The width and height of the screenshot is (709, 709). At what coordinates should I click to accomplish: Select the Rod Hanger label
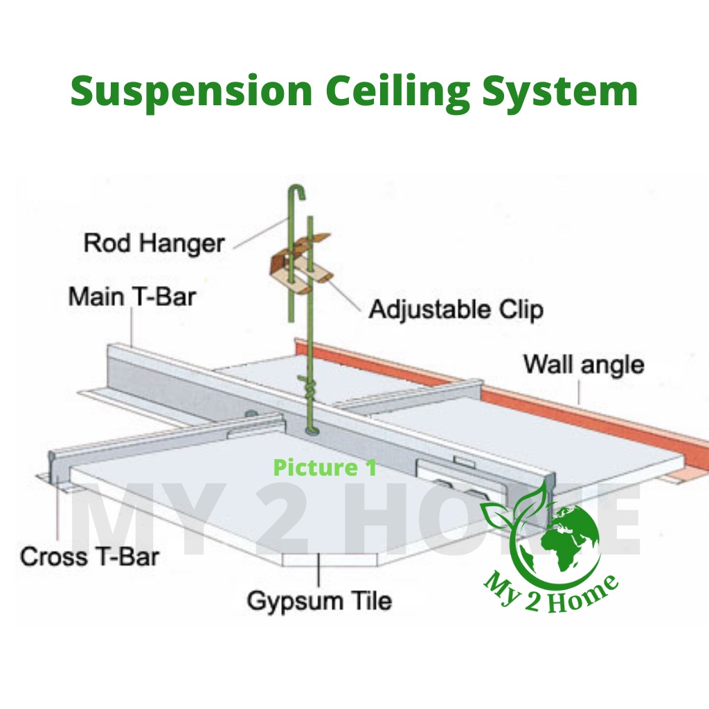[154, 243]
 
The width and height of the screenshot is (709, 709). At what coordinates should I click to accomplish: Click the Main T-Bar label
[132, 297]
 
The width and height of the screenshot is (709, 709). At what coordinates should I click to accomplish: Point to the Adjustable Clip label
[456, 309]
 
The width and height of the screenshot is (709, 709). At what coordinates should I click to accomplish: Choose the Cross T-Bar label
[90, 556]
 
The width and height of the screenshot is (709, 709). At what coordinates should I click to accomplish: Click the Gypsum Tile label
[319, 600]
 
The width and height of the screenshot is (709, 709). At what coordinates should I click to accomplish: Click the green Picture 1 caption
[325, 467]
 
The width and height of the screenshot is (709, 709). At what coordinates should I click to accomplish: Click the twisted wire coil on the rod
[307, 384]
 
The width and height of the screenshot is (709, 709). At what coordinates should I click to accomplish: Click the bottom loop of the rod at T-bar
[309, 431]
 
